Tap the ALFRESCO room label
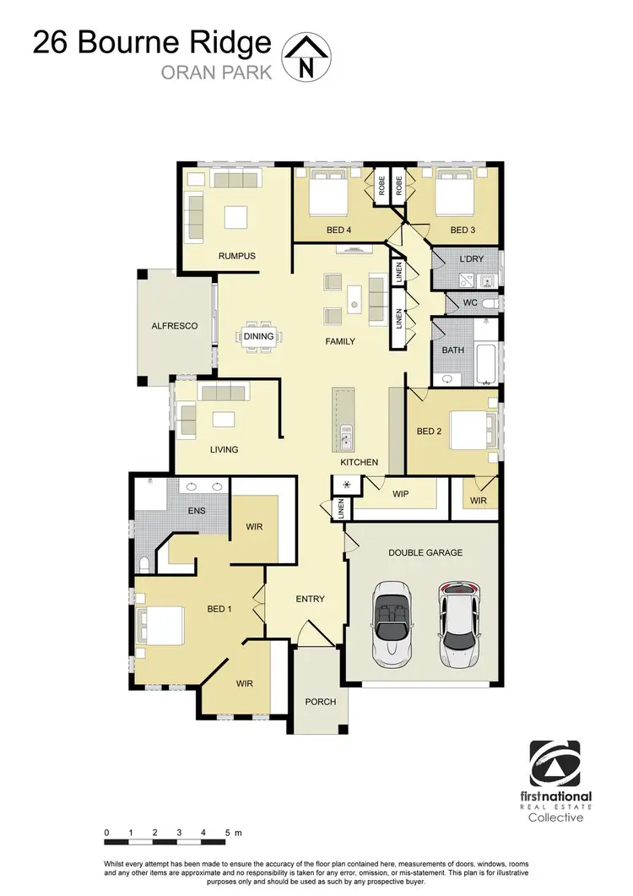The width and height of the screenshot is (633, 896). (175, 325)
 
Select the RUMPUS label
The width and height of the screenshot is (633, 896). (236, 256)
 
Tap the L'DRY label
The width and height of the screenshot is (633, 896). (470, 258)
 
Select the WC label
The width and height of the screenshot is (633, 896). (471, 301)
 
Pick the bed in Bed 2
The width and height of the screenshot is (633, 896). (470, 429)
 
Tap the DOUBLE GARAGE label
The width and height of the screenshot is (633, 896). (425, 552)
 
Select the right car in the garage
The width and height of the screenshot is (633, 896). (458, 622)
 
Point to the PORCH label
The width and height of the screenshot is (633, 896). (321, 702)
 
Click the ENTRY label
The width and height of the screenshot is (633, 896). (310, 599)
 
